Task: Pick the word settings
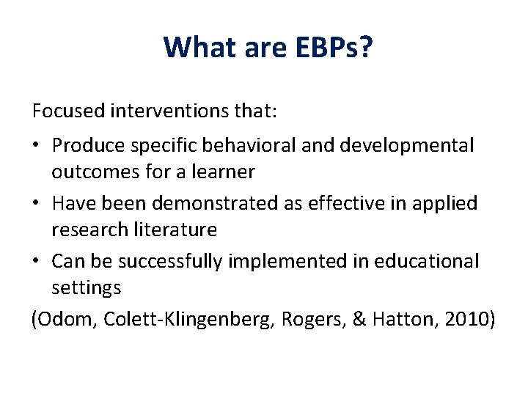click(86, 288)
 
